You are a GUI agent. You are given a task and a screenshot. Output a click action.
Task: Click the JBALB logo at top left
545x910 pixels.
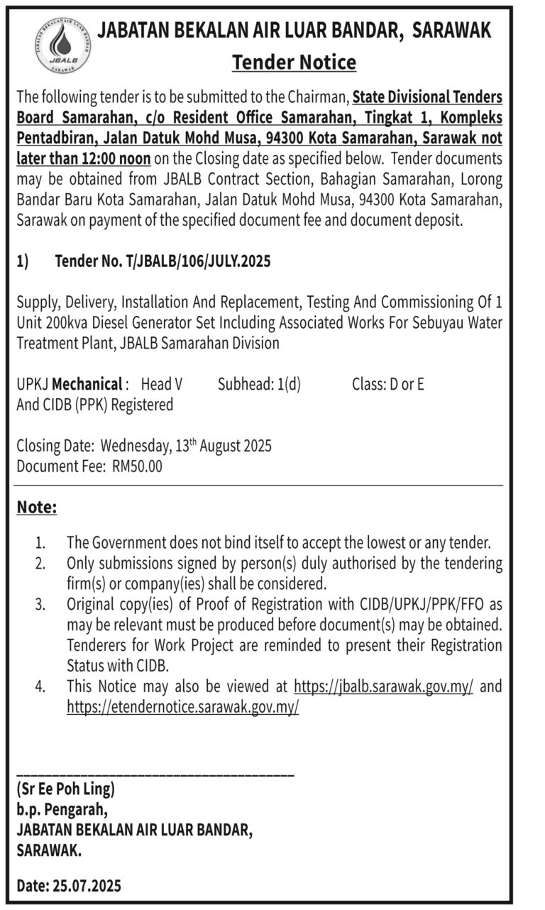click(62, 46)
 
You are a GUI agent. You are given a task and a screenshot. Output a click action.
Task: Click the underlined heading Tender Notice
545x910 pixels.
click(294, 62)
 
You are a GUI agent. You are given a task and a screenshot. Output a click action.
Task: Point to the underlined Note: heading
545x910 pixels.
click(36, 508)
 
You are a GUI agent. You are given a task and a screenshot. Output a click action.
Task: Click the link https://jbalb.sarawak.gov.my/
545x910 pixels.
click(383, 686)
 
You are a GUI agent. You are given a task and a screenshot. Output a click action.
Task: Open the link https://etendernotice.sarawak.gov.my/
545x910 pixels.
click(182, 707)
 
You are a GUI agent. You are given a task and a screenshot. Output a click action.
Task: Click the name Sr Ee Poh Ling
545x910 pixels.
click(65, 789)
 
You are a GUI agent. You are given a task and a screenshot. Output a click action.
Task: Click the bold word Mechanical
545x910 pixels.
click(87, 385)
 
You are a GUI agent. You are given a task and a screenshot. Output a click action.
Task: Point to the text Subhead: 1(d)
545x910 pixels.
click(259, 385)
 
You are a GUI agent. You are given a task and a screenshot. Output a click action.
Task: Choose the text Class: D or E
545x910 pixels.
click(387, 385)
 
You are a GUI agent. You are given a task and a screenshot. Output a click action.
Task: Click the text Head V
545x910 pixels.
click(162, 385)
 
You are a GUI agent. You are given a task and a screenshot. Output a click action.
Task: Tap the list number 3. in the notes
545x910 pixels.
click(41, 605)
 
